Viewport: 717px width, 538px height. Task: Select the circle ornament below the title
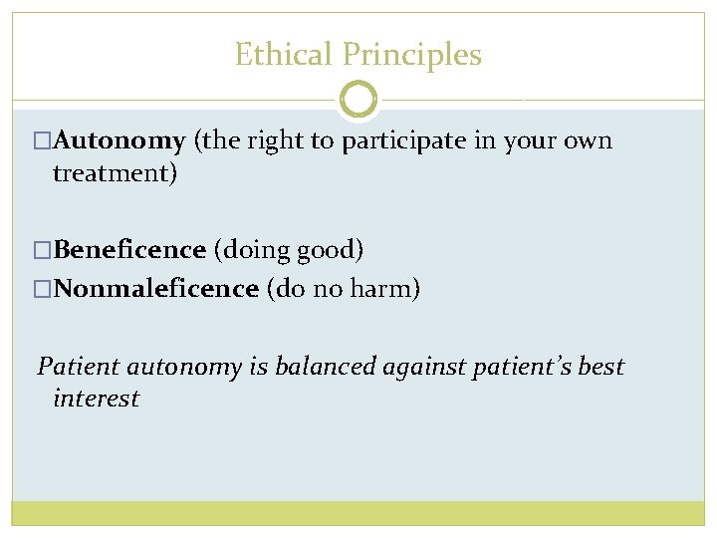[x=358, y=100]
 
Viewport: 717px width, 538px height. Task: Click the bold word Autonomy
[x=119, y=141]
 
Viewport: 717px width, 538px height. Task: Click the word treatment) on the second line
[x=115, y=173]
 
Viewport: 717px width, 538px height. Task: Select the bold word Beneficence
[x=129, y=249]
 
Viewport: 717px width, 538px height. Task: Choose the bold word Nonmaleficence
[x=156, y=289]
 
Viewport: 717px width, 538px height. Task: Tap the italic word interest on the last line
[x=96, y=399]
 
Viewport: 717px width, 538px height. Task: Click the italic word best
[x=600, y=367]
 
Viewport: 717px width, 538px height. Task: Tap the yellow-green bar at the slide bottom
[x=358, y=512]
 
